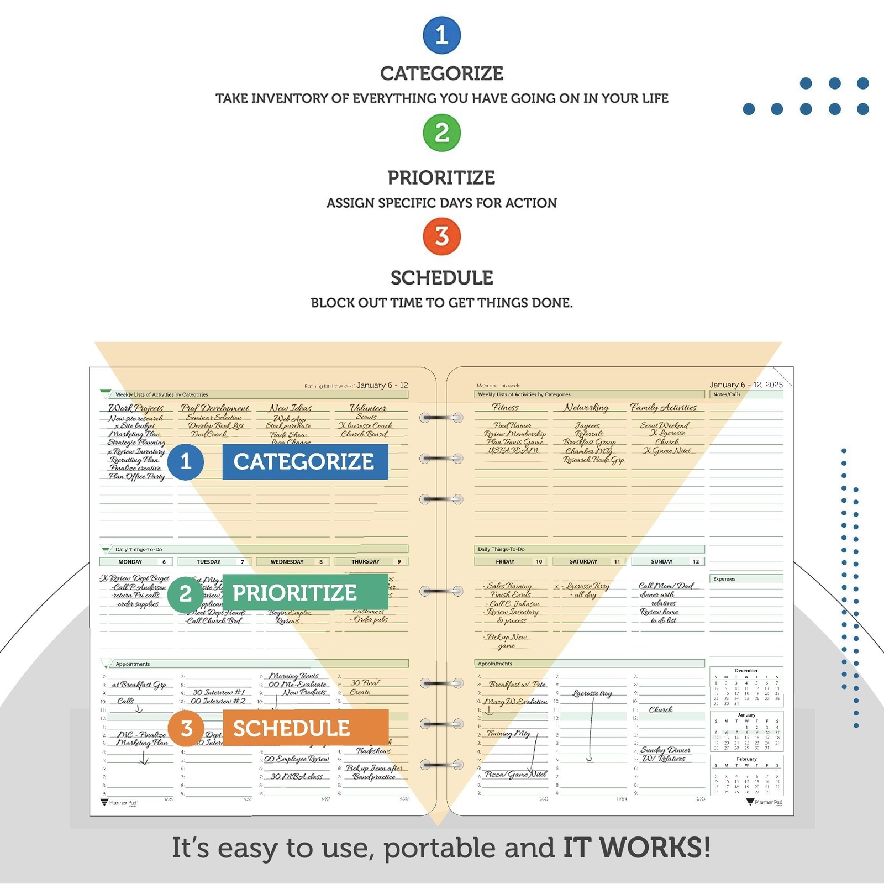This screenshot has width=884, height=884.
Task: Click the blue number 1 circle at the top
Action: [x=441, y=35]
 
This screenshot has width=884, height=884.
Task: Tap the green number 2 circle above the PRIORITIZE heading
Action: [x=441, y=133]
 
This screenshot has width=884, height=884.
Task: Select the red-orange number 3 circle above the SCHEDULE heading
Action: [x=441, y=236]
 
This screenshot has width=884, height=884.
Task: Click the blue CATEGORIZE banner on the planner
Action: [x=305, y=462]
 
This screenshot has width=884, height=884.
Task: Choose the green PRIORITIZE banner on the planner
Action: [x=305, y=593]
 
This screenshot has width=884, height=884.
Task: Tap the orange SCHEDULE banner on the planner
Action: [x=305, y=728]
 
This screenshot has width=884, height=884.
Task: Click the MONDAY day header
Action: [x=130, y=562]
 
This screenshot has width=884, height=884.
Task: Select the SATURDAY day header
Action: [x=583, y=562]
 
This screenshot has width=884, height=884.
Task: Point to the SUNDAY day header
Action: [x=662, y=562]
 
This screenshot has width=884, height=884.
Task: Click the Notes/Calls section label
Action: [x=727, y=394]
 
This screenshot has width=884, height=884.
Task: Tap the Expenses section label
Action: [x=724, y=579]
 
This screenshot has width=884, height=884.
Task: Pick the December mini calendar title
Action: [x=746, y=671]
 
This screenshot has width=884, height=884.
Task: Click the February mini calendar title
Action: [x=746, y=759]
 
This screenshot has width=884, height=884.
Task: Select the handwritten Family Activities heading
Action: [x=664, y=408]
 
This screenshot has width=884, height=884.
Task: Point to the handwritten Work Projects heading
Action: [x=136, y=408]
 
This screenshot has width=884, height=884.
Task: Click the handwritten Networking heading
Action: [x=586, y=408]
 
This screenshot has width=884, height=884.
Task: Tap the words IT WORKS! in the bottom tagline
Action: [x=636, y=848]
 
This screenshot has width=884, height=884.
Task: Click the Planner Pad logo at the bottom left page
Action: [x=119, y=803]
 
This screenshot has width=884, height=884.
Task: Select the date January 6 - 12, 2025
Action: [x=746, y=385]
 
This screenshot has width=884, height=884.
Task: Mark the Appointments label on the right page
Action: [x=495, y=664]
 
